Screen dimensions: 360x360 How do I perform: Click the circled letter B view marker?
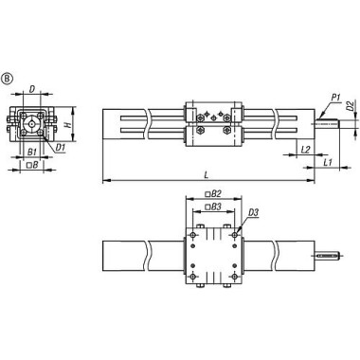[x=9, y=77]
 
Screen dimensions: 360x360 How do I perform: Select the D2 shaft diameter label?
[x=350, y=106]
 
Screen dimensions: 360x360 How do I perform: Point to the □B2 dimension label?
[x=214, y=193]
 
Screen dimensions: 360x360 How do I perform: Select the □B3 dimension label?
[x=214, y=206]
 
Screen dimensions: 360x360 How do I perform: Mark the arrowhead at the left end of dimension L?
[x=104, y=178]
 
